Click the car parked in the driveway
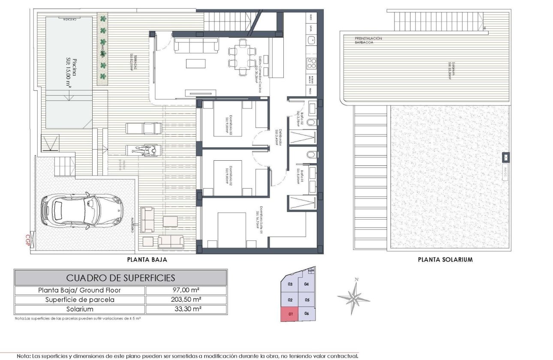point(81,210)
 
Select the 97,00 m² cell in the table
point(186,290)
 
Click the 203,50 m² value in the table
point(186,300)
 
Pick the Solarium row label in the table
point(80,309)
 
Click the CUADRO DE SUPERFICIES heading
point(120,278)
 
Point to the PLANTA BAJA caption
point(147,259)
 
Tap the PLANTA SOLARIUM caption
point(445,259)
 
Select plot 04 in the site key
point(307,284)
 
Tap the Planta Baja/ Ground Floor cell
point(80,290)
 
